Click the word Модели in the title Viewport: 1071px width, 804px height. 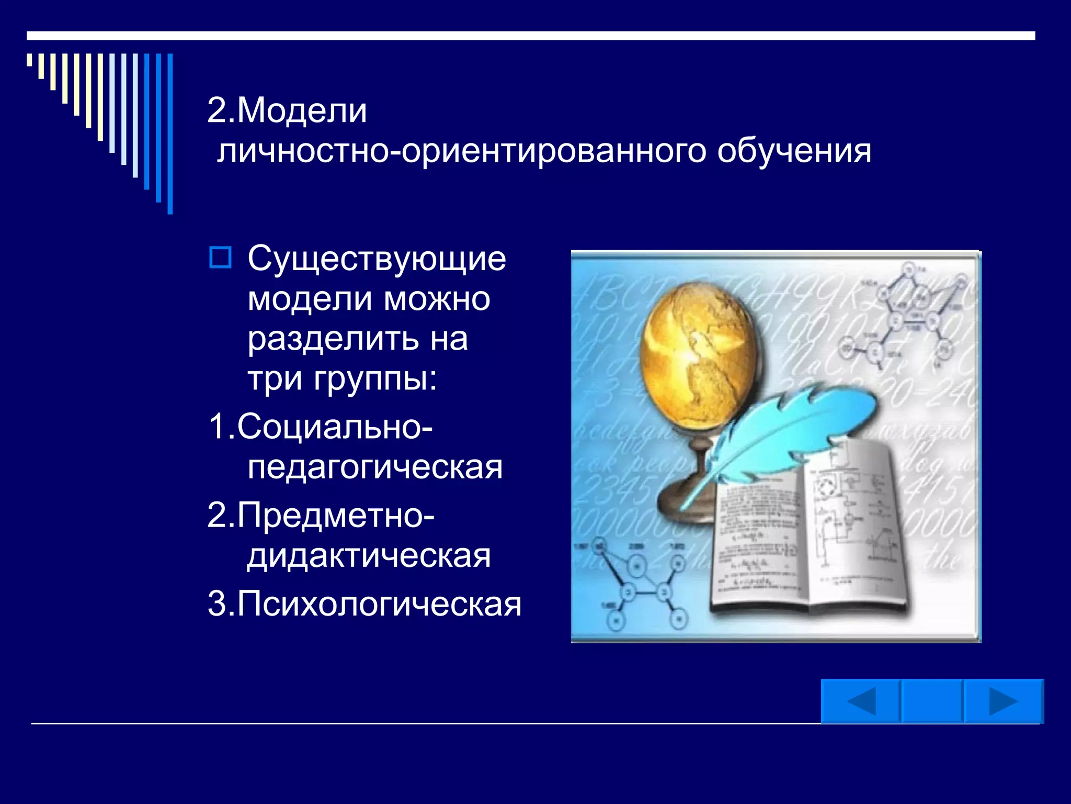(x=302, y=111)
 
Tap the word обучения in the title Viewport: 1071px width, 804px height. (x=794, y=152)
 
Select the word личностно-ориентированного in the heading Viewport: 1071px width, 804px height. (x=462, y=152)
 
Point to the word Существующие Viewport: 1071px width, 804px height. (x=377, y=259)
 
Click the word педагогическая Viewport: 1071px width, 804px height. (x=375, y=467)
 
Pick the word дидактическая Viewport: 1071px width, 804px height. (x=369, y=556)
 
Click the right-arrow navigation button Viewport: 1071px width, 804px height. (x=1003, y=701)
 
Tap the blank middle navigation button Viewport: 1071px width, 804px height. (x=932, y=701)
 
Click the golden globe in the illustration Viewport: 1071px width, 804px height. (x=698, y=356)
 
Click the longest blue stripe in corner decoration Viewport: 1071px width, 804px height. (x=170, y=133)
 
